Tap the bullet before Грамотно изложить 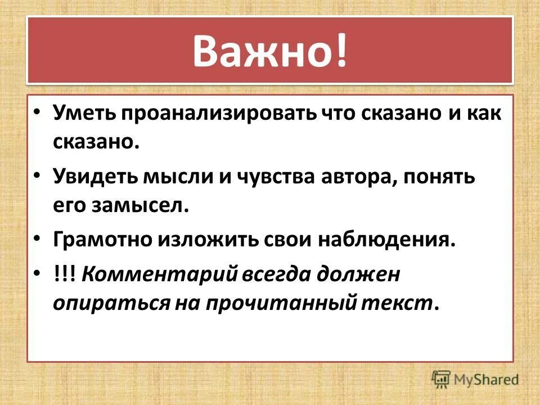(38, 239)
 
